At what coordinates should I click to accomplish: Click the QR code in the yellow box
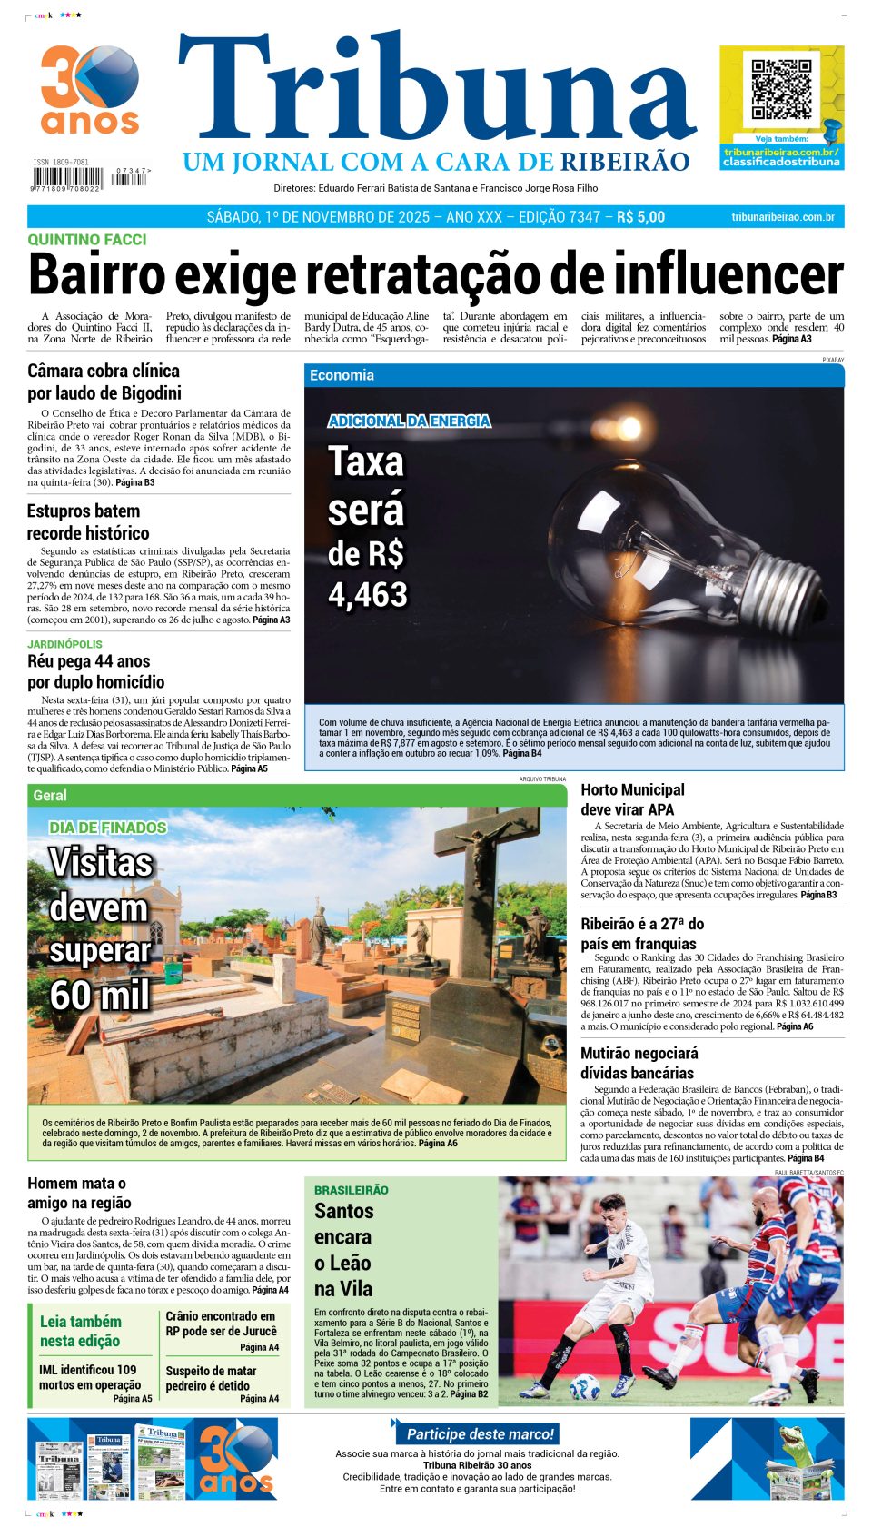point(780,89)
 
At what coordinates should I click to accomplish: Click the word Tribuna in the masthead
point(436,91)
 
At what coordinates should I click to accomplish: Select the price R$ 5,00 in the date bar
point(640,217)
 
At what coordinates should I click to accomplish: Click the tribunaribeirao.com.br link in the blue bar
point(782,217)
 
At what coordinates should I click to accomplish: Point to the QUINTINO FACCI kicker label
point(86,240)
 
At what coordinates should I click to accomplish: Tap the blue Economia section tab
point(342,375)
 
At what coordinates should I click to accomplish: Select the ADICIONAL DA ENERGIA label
point(409,421)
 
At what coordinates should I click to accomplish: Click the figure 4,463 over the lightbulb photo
point(368,595)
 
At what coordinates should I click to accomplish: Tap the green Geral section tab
point(50,796)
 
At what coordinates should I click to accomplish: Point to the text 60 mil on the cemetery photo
point(100,996)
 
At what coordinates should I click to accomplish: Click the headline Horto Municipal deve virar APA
point(632,799)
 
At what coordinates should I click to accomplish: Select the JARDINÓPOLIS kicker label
point(64,644)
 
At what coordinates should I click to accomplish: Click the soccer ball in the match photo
point(583,1386)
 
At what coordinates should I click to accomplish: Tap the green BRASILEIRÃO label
point(351,1190)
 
